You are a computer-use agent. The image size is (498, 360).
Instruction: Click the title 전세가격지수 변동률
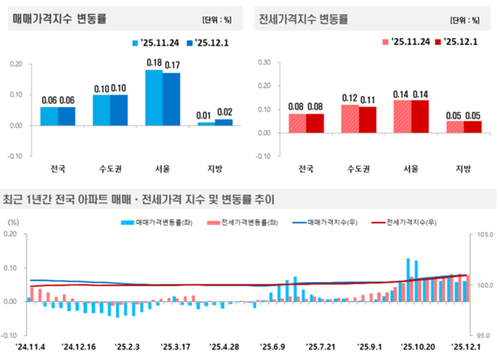303,18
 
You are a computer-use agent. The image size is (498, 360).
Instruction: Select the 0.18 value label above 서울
154,62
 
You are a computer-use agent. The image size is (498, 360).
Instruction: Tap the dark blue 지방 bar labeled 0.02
223,122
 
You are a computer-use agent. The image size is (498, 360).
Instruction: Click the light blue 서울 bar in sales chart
154,97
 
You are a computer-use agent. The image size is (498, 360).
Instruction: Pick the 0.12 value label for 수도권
350,97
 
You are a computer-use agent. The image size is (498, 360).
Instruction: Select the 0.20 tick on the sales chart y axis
16,63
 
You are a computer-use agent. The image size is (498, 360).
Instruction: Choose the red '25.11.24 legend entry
407,41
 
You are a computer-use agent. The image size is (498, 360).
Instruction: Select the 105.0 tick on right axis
483,235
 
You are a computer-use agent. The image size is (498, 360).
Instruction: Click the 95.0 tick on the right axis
483,336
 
